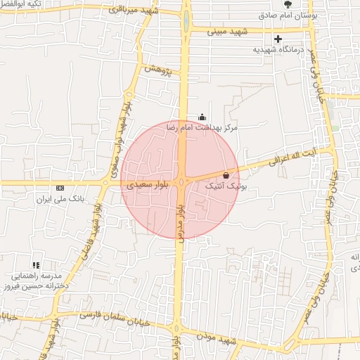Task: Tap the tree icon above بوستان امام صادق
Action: tap(288, 4)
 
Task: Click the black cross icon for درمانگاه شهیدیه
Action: tap(279, 39)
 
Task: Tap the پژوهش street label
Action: tap(157, 70)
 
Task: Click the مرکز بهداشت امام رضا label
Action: tap(202, 129)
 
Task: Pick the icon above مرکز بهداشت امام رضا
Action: tap(202, 117)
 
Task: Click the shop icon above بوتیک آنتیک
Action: tap(226, 175)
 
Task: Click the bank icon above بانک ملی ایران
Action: tap(60, 188)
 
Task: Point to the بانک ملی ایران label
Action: tap(61, 199)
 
